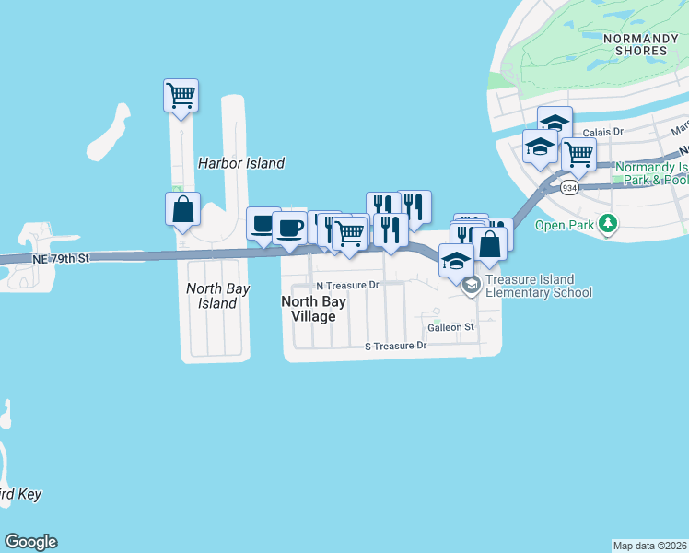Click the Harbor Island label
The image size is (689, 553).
point(241,163)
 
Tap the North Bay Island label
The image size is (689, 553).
point(217,295)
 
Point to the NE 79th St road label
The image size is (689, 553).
point(60,260)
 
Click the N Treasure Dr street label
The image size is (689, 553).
point(347,286)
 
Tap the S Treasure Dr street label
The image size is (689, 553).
point(396,346)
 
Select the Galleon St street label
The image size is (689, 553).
point(450,327)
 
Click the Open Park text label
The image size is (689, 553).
point(563,225)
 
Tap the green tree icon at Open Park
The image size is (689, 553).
point(607,224)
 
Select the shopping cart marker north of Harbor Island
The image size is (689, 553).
point(181,95)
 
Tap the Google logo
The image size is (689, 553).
point(30,542)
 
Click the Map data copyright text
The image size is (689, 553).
point(650,546)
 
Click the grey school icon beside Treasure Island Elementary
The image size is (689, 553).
point(472,285)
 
